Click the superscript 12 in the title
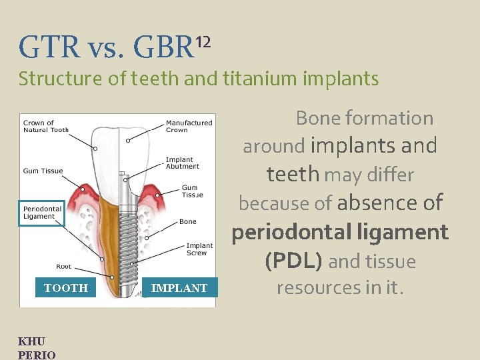point(203,43)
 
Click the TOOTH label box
point(65,288)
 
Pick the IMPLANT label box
point(179,288)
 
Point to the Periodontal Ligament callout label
point(41,213)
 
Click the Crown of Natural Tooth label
point(46,126)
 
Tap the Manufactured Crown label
point(189,126)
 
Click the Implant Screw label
point(199,249)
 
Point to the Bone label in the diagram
point(187,222)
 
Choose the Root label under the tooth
point(63,267)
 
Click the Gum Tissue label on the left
point(43,171)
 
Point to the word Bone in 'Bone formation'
point(317,118)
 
